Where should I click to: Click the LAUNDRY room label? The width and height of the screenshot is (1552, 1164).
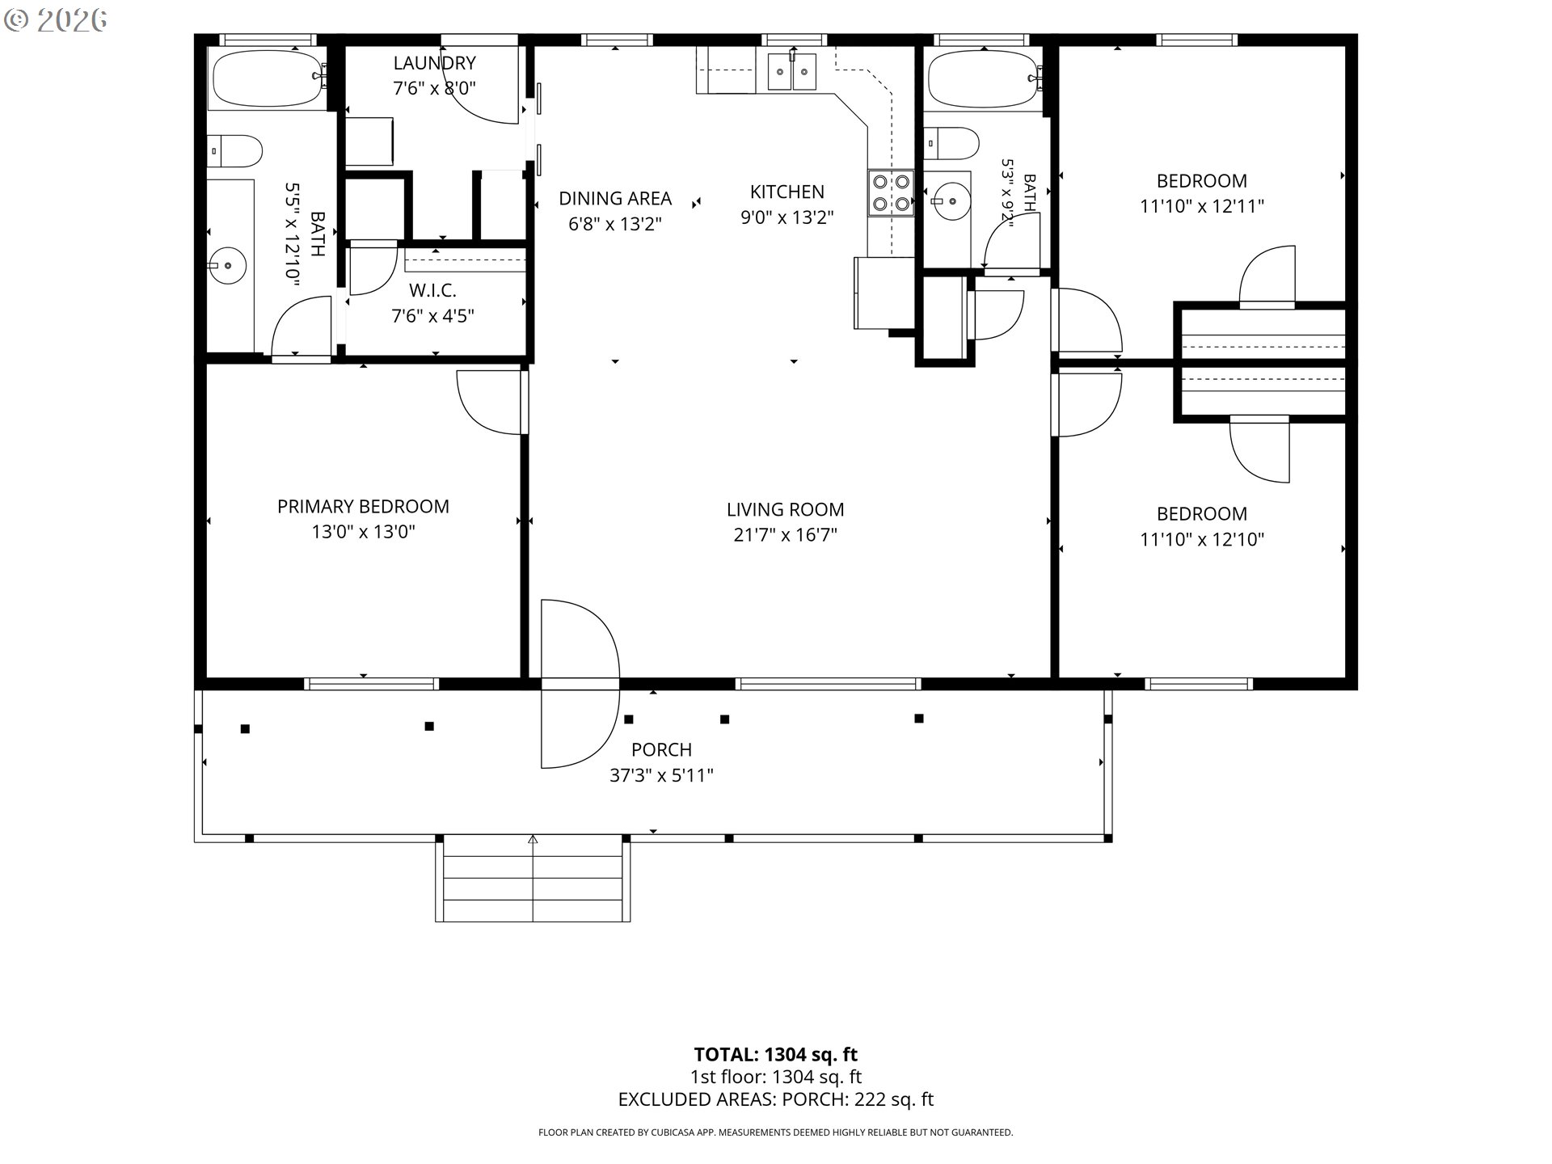pos(434,63)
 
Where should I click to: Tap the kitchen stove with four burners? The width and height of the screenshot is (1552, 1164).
pos(891,192)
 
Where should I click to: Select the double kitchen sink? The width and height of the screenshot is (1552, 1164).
pos(792,71)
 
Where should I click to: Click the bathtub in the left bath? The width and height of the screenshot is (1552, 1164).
pos(268,78)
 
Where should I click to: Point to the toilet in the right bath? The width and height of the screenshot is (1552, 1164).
pos(951,145)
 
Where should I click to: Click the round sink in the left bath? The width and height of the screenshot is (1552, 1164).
pos(227,265)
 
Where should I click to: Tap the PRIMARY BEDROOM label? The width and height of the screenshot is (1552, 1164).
pos(363,507)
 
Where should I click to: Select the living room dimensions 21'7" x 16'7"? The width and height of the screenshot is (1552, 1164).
pos(785,535)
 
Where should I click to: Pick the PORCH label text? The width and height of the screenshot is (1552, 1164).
pos(661,750)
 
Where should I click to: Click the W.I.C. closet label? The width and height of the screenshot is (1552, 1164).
pos(432,290)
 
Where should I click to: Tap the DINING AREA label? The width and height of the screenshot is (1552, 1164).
pos(615,198)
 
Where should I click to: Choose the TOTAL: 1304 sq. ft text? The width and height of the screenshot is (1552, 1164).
pos(775,1055)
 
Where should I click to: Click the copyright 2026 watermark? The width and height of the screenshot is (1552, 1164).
pos(56,20)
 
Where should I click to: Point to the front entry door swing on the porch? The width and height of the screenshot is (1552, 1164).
pos(580,684)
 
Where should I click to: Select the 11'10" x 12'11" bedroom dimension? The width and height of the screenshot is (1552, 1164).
pos(1201,207)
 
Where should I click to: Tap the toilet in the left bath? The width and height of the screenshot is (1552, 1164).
pos(235,151)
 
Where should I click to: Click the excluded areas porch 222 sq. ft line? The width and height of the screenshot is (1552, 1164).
pos(775,1099)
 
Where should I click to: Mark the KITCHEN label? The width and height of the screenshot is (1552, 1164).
pos(787,192)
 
